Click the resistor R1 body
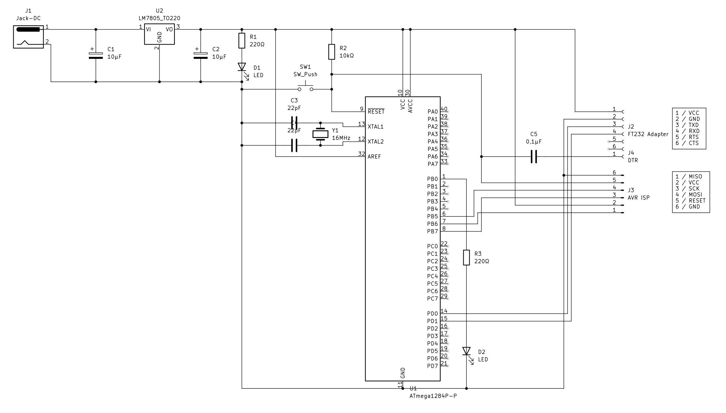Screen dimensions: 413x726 click(242, 41)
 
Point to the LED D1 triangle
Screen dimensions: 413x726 click(242, 67)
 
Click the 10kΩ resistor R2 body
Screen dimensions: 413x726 click(332, 52)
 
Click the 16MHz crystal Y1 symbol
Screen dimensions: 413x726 click(320, 134)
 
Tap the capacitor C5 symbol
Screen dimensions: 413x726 click(534, 157)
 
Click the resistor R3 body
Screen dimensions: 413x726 click(466, 258)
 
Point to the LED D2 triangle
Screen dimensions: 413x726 click(466, 351)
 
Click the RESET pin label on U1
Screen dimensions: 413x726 click(376, 112)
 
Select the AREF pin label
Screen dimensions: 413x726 click(374, 157)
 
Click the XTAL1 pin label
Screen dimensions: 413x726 click(375, 127)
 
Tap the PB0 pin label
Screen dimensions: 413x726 click(432, 179)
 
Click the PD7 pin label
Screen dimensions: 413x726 click(432, 366)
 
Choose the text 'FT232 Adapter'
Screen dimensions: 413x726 click(648, 134)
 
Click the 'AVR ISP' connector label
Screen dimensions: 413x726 click(638, 198)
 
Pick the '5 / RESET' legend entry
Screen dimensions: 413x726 click(690, 201)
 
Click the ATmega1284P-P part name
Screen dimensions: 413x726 click(433, 396)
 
